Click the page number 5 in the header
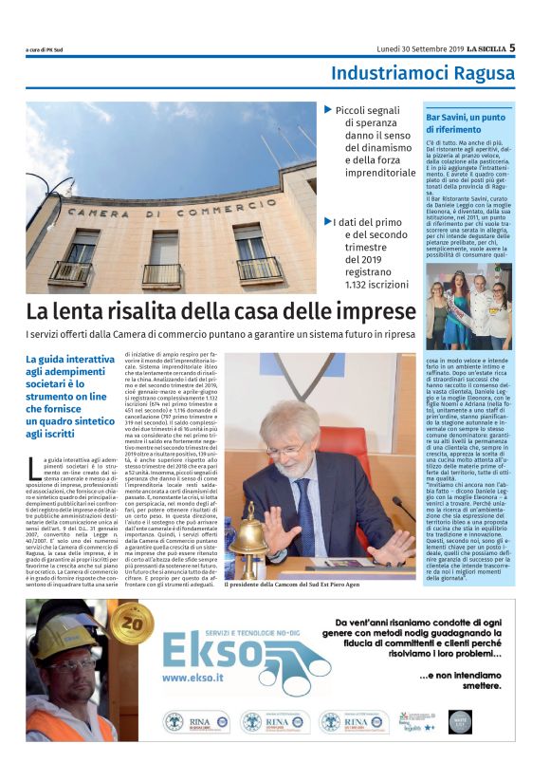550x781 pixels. [x=512, y=46]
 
